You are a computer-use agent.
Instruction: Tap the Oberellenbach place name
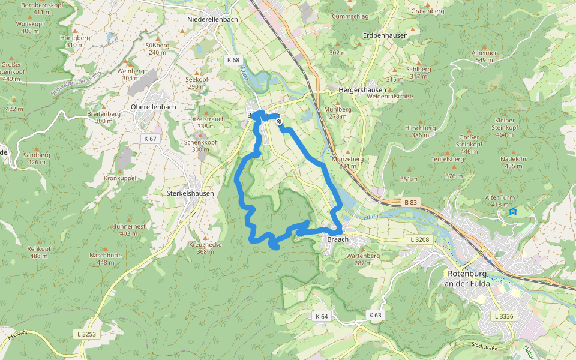(153, 107)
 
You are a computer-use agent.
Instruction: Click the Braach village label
(338, 239)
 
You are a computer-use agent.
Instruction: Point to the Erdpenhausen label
(385, 36)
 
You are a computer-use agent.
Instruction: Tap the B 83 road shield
(410, 203)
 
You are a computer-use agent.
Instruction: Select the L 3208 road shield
(420, 240)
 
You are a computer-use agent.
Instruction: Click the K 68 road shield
(233, 60)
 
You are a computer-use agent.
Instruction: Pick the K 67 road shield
(150, 139)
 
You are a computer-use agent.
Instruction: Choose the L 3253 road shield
(86, 333)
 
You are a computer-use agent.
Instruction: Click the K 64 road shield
(321, 316)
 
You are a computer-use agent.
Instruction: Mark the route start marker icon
(280, 122)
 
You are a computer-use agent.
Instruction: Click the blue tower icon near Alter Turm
(513, 211)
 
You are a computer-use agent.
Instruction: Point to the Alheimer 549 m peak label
(484, 56)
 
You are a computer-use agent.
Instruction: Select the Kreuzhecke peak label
(205, 248)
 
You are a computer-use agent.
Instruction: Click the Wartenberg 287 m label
(363, 259)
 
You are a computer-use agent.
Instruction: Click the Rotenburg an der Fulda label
(469, 279)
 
